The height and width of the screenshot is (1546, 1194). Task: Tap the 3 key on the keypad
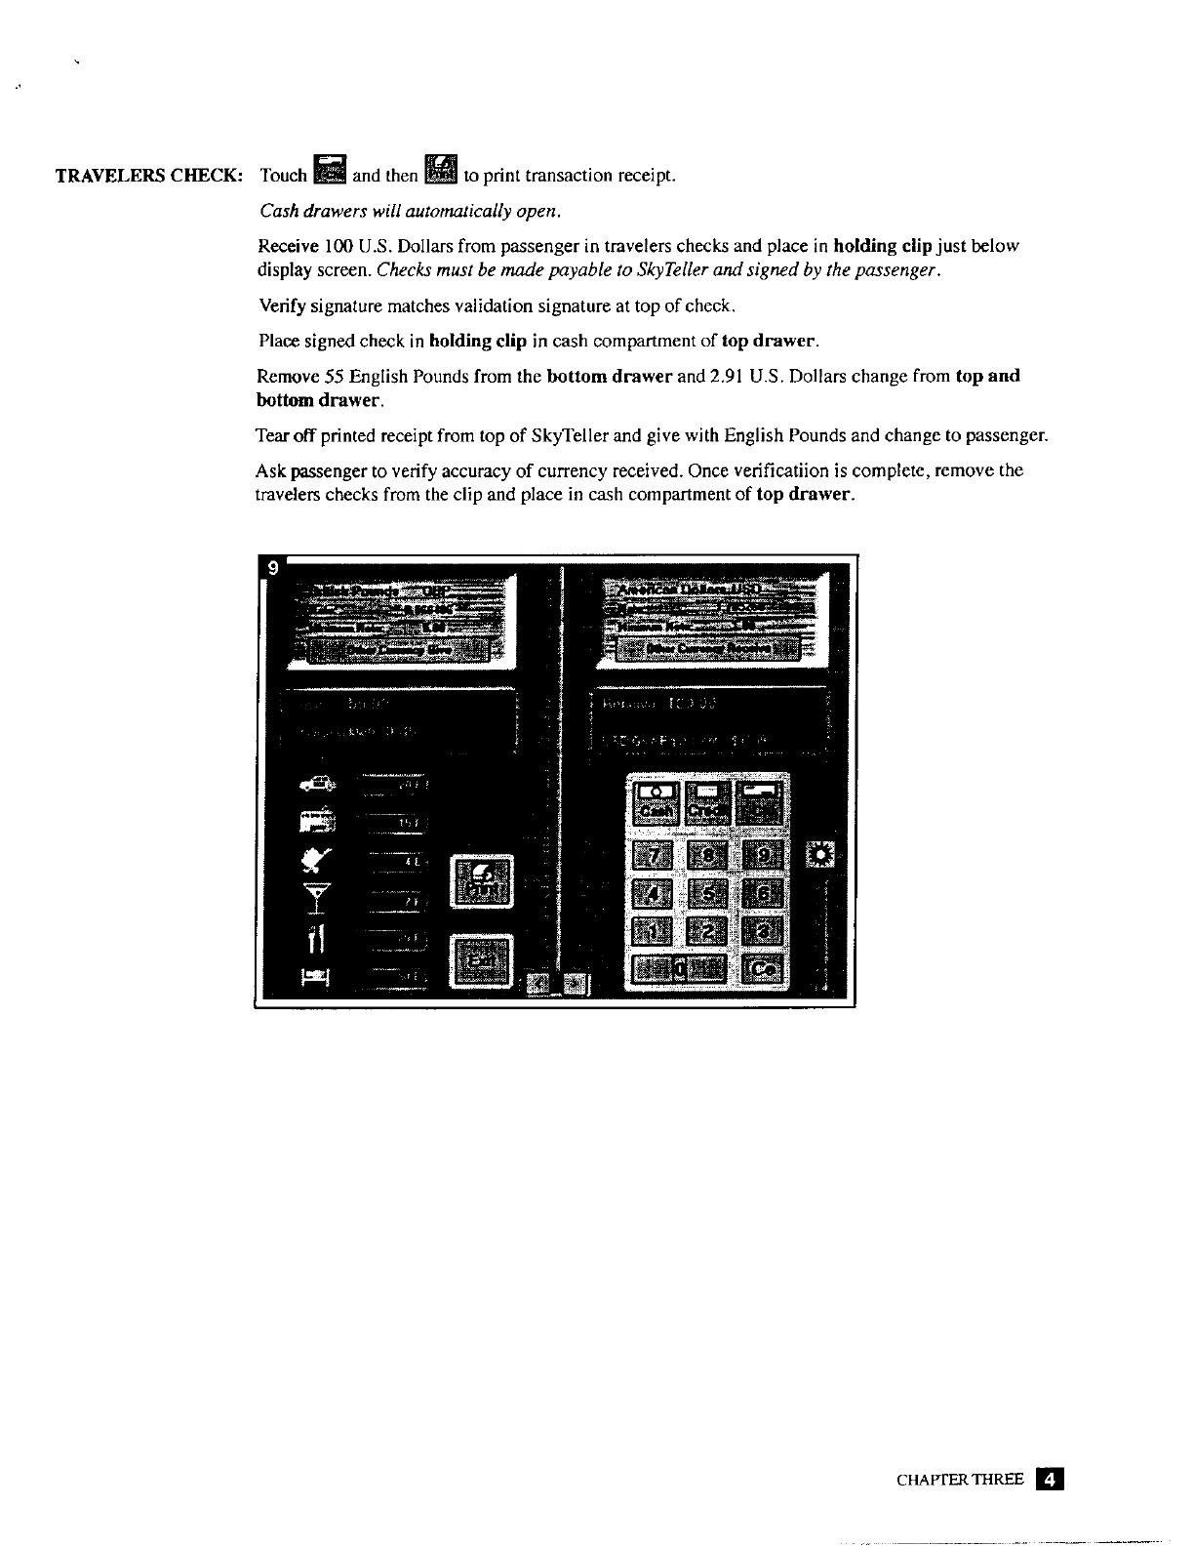[765, 931]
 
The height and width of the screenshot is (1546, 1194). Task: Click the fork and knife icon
[315, 939]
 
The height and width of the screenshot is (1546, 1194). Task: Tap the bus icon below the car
[317, 822]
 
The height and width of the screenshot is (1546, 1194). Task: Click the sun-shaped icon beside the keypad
[822, 856]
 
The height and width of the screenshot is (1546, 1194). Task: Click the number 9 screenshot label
[273, 568]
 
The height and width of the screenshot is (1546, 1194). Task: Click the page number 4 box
[1050, 1479]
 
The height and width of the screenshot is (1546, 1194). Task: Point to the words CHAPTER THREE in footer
[959, 1480]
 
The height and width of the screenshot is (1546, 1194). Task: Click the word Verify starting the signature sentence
[278, 306]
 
